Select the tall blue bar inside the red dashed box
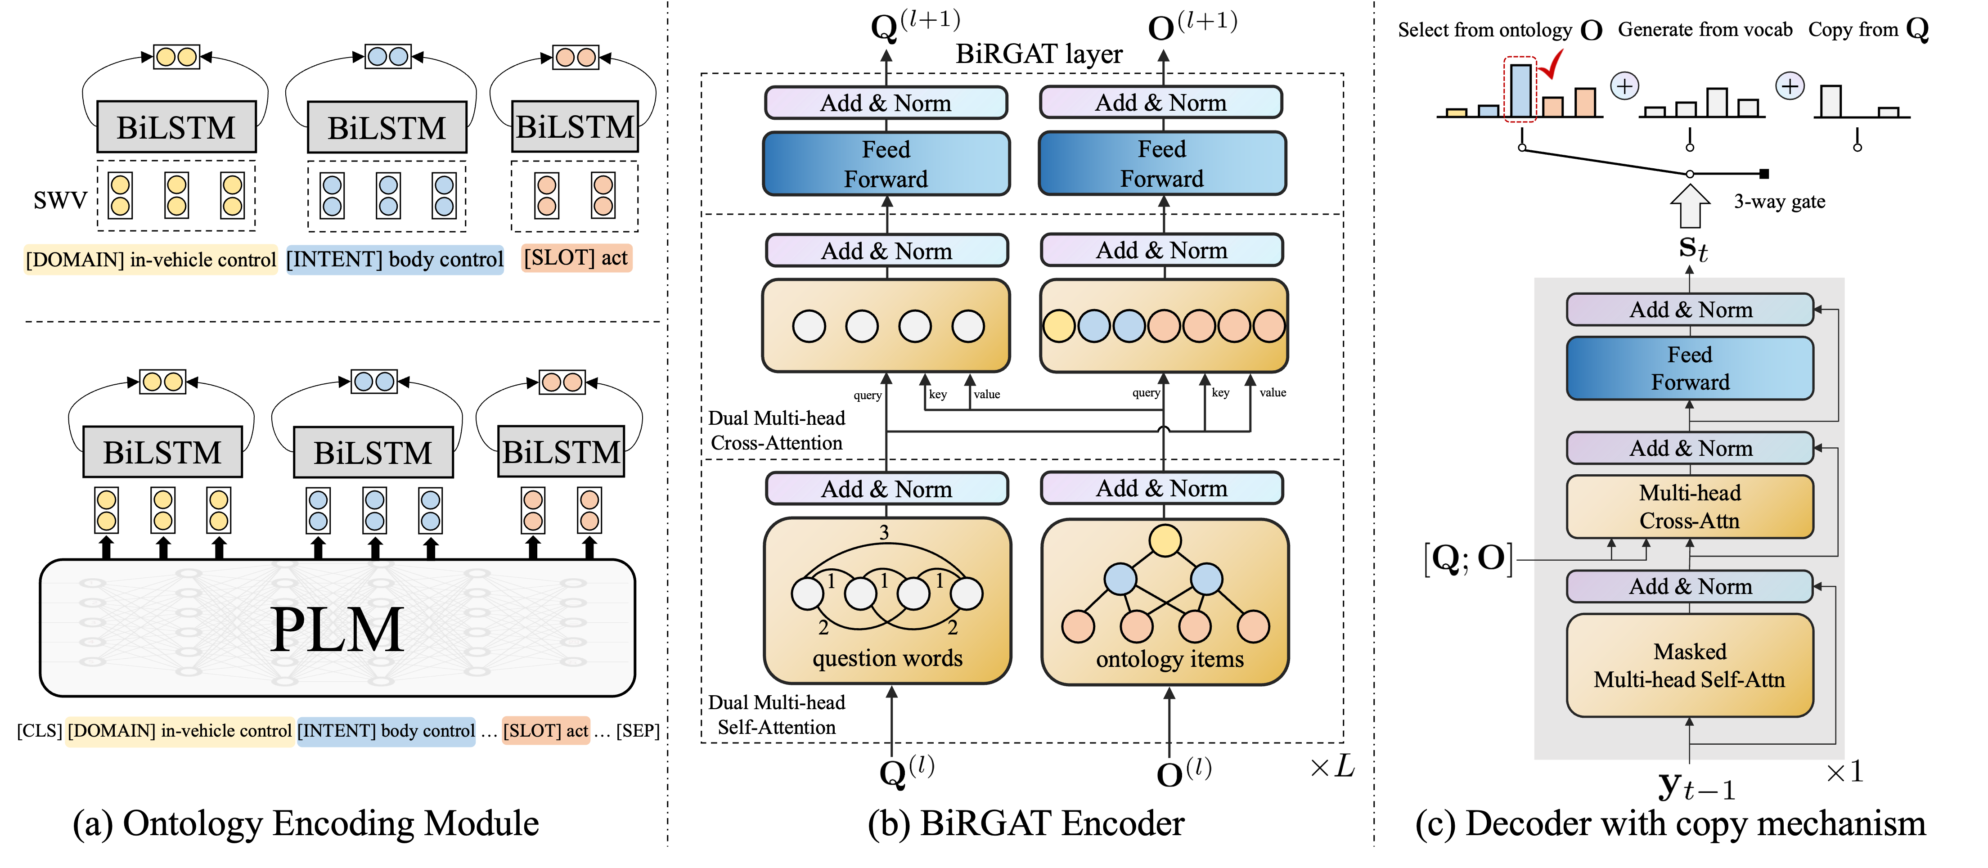[1520, 91]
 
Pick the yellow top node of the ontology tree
[1165, 540]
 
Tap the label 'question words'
[887, 658]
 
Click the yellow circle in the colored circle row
[1059, 326]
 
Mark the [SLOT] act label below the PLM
[546, 731]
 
